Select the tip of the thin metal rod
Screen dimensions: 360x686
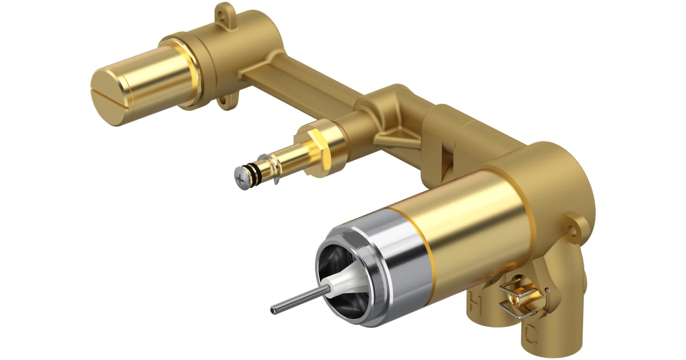point(274,311)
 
